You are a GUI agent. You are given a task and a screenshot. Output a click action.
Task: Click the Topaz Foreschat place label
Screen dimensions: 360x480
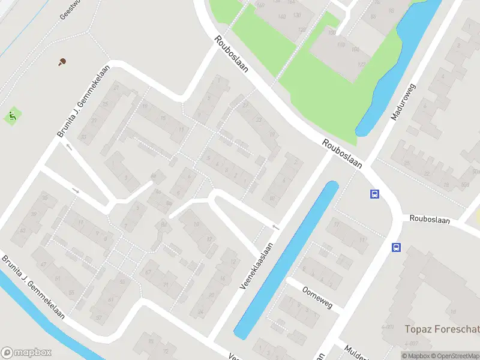[442, 329]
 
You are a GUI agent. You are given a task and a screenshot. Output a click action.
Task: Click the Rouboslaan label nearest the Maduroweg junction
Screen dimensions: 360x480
[341, 154]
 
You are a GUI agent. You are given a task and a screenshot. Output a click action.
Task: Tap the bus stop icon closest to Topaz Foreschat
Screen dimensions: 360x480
[396, 247]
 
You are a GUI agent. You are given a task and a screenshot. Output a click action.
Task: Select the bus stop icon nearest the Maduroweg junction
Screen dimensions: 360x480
[374, 194]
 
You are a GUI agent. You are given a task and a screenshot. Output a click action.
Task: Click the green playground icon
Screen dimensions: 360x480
[11, 116]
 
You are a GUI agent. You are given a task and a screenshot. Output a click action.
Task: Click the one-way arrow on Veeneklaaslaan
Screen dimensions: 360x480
[276, 227]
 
